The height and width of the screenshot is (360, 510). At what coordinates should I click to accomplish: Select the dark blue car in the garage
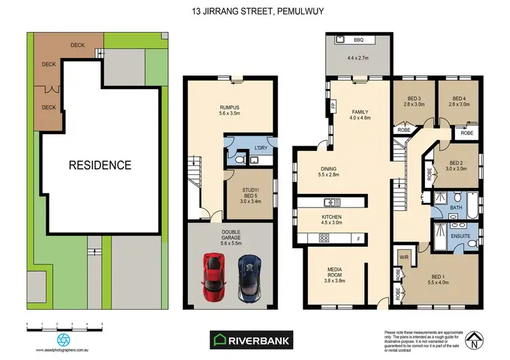click(247, 276)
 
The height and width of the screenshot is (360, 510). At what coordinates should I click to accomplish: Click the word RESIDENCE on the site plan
click(99, 165)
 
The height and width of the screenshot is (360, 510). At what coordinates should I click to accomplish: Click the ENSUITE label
click(460, 235)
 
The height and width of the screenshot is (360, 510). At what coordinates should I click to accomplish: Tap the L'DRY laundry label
click(261, 148)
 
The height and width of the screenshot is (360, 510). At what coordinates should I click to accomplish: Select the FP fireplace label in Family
click(333, 106)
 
